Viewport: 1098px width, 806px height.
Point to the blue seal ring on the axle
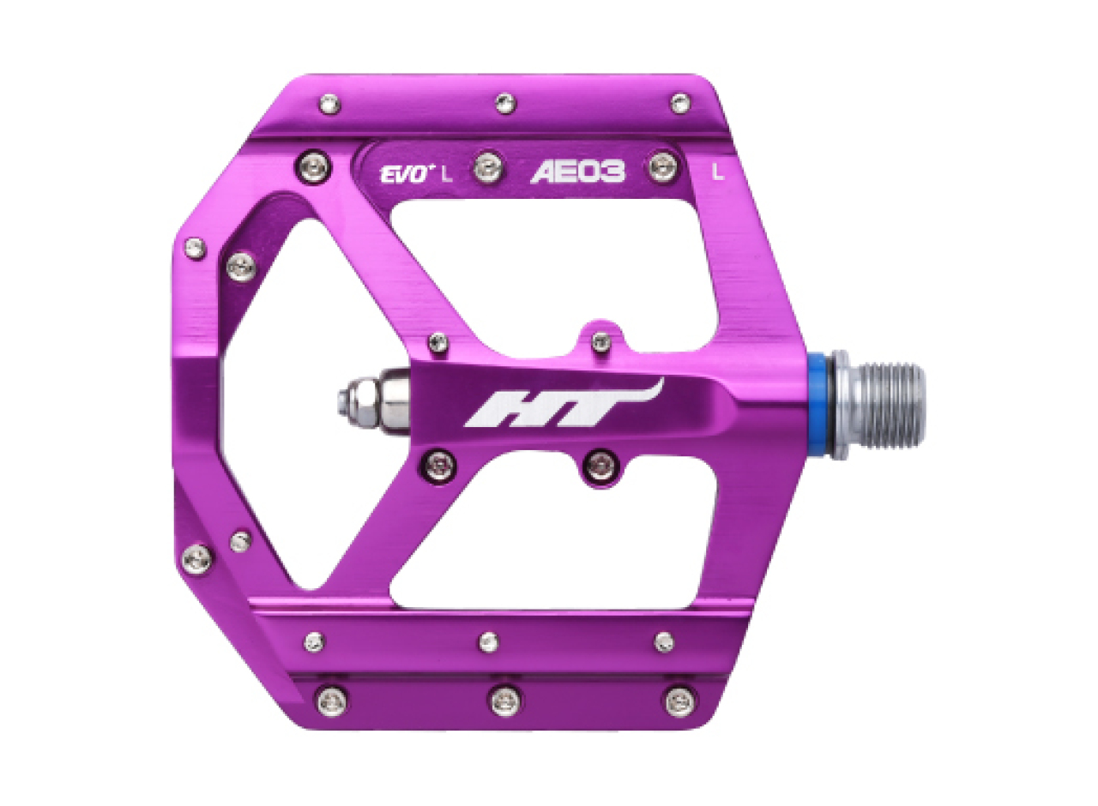pyautogui.click(x=819, y=406)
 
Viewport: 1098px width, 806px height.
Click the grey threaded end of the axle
pyautogui.click(x=891, y=406)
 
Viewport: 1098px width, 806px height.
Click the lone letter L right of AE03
pyautogui.click(x=718, y=171)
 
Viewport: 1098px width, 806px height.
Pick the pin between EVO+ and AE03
pyautogui.click(x=488, y=166)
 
